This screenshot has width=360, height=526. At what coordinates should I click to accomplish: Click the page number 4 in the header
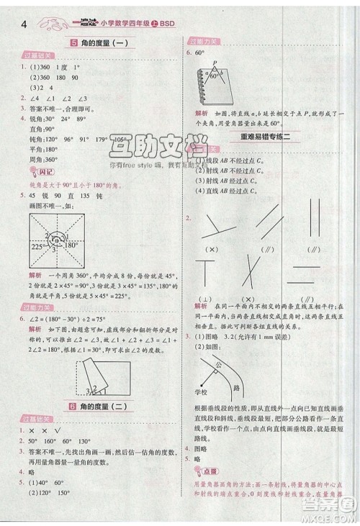click(x=25, y=26)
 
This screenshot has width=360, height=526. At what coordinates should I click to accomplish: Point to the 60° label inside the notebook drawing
click(x=215, y=76)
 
